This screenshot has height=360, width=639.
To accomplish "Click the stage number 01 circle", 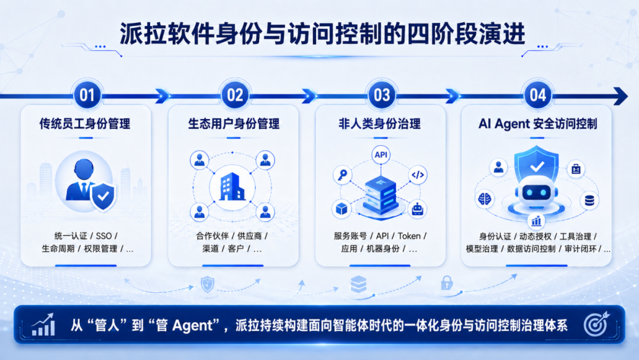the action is point(87,95).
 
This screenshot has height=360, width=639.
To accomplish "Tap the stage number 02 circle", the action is point(235,95).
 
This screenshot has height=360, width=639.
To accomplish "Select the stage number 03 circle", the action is point(382,95).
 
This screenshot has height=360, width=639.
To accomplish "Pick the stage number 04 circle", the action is point(537,95).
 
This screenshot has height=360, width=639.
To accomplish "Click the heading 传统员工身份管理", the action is point(85,124).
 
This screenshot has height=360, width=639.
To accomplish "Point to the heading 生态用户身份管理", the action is point(234,124).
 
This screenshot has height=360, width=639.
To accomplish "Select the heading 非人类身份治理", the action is point(379,124).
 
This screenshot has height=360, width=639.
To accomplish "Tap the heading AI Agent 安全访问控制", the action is point(537,124).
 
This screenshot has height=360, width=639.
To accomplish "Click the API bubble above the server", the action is point(381,155).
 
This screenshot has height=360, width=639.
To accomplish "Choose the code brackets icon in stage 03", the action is point(418,175).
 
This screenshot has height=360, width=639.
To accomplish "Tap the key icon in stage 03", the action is point(343,175).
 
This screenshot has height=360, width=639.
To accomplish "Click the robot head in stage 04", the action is point(536,192).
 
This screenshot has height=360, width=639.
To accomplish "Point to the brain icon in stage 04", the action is point(485,200).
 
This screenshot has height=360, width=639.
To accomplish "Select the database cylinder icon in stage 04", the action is point(589,200).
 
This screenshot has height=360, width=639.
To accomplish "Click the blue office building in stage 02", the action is point(232,187).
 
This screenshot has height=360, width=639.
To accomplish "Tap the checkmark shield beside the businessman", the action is point(103,196).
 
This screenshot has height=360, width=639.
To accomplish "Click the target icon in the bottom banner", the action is point(596,324).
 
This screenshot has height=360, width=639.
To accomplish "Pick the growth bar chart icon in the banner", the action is point(43,324).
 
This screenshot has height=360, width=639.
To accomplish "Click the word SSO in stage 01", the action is point(104,236).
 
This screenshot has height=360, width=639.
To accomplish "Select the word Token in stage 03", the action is point(409,236).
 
